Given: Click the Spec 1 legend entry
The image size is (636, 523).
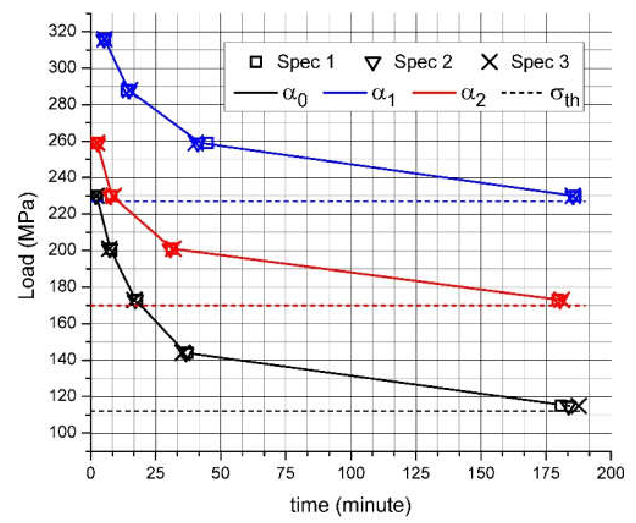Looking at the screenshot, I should [x=292, y=62].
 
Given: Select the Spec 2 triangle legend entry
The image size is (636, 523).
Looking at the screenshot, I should [x=408, y=62].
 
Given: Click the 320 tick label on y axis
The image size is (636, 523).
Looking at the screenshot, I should [x=62, y=31].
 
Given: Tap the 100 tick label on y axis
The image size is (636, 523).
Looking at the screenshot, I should [x=62, y=432].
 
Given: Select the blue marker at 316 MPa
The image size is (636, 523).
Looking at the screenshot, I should [x=104, y=39].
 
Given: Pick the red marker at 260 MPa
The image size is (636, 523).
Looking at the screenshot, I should [x=98, y=143].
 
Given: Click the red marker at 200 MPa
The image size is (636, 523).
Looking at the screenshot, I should [x=172, y=249].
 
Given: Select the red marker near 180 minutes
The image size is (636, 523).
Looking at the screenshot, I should [x=559, y=300].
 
